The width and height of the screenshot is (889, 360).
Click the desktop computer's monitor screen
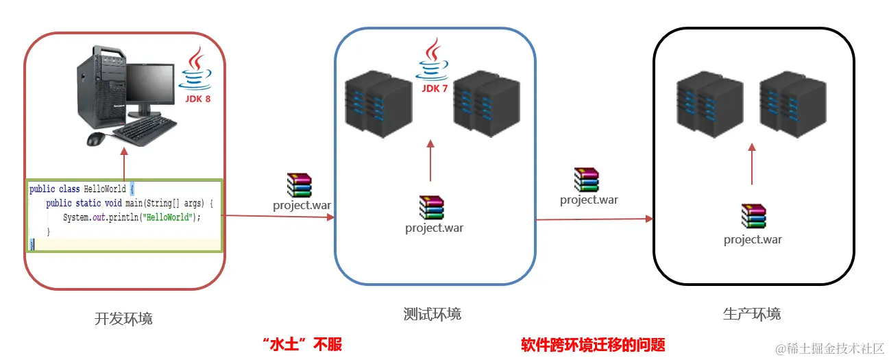click(149, 84)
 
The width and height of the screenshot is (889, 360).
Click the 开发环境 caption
click(123, 319)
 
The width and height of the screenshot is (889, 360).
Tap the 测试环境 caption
click(433, 314)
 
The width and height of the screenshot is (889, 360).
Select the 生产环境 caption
click(752, 314)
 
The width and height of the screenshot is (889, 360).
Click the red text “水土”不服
click(302, 344)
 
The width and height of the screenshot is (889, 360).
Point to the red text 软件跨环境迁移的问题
click(593, 344)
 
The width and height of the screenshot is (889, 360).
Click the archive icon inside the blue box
click(432, 208)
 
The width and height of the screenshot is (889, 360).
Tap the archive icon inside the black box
click(753, 216)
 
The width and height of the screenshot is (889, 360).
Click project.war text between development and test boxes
click(302, 204)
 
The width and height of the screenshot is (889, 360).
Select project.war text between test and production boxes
click(589, 200)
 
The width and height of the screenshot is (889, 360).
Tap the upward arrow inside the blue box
click(430, 160)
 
